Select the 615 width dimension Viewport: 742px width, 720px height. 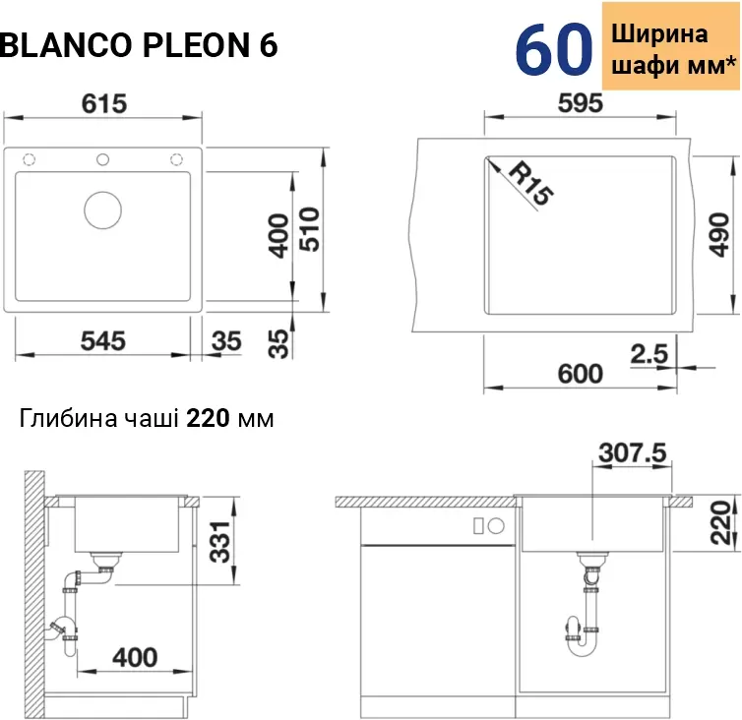coord(105,102)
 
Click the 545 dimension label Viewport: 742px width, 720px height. coord(103,340)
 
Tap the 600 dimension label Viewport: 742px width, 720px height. coord(580,374)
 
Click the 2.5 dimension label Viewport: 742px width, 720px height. coord(649,352)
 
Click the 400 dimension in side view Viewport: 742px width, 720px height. coord(135,655)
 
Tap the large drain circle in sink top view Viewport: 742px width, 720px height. coord(104,210)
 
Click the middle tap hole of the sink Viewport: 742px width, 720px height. coord(103,159)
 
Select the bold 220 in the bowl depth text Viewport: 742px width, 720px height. coord(208,419)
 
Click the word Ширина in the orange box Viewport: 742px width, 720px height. coord(659,33)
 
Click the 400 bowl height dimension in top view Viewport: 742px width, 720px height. coord(278,236)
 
